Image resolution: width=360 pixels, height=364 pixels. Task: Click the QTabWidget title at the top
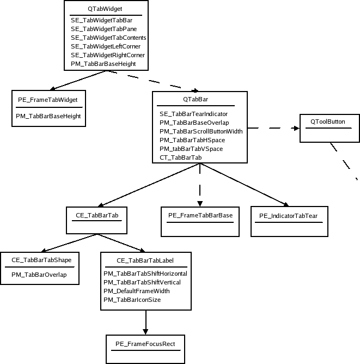tap(105, 9)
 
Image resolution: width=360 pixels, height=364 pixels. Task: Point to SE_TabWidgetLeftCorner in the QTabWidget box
tap(106, 46)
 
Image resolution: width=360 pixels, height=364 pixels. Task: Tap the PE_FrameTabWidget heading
tap(48, 99)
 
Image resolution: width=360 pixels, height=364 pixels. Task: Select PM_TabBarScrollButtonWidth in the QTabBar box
tap(201, 131)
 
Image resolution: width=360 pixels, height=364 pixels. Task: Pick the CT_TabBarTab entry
tap(181, 157)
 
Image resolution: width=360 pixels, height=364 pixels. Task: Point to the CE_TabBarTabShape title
tap(41, 260)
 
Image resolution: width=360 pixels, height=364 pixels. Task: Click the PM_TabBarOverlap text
tap(39, 275)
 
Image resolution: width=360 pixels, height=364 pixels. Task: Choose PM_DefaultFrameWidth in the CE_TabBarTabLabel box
tap(137, 291)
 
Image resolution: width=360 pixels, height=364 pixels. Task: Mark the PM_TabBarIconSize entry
tap(132, 300)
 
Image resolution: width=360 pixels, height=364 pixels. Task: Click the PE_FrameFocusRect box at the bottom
tap(145, 344)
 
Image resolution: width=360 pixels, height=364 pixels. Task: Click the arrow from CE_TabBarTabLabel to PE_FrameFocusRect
tap(145, 321)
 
